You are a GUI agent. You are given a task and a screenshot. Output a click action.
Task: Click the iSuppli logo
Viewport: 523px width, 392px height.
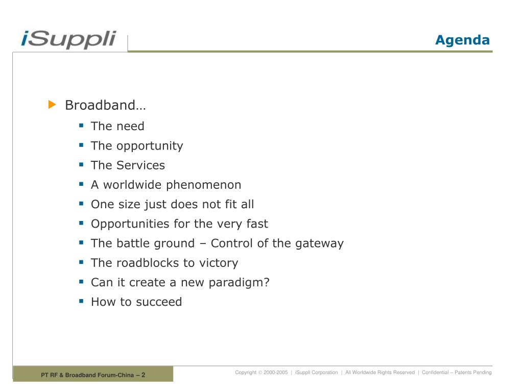(68, 39)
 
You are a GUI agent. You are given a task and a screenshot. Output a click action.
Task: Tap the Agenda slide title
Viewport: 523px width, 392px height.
(462, 40)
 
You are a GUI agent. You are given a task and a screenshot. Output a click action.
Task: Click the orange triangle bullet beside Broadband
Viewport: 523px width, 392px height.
(52, 104)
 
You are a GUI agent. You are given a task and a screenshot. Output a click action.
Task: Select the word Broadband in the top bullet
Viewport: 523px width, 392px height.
(101, 105)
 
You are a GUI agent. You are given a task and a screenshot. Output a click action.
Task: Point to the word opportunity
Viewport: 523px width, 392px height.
(150, 146)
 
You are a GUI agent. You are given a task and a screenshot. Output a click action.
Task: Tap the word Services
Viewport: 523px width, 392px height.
(141, 165)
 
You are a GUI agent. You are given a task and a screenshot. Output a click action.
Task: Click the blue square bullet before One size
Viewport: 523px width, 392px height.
(81, 203)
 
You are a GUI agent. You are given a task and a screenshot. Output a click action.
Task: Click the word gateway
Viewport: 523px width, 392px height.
(320, 243)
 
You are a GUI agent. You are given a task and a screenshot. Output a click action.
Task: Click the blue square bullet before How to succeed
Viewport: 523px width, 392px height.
(81, 301)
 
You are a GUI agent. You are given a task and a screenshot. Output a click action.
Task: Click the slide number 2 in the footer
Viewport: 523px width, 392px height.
(144, 375)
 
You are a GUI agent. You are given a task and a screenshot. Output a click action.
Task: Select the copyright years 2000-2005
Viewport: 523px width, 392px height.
(275, 372)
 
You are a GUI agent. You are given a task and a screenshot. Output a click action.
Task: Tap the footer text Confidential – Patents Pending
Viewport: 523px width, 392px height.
(457, 372)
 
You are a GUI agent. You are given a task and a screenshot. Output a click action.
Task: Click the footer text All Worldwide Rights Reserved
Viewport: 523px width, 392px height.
(380, 372)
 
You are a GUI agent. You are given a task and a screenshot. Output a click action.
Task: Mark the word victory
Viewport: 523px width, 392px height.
(219, 263)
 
